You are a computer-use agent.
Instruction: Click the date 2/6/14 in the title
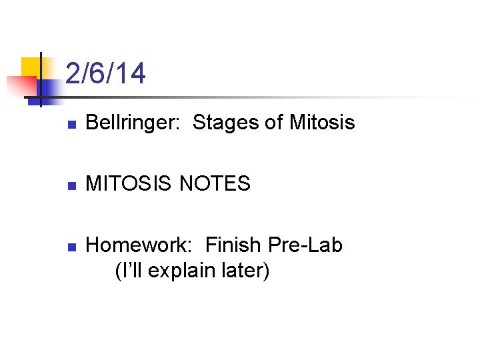pyautogui.click(x=105, y=74)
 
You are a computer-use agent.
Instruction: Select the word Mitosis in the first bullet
pyautogui.click(x=321, y=123)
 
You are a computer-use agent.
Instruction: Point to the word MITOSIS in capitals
pyautogui.click(x=131, y=183)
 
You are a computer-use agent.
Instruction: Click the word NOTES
pyautogui.click(x=215, y=183)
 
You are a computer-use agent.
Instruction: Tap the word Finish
pyautogui.click(x=233, y=245)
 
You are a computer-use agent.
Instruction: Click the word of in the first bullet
pyautogui.click(x=275, y=123)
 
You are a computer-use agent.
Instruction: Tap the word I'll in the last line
pyautogui.click(x=129, y=272)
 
